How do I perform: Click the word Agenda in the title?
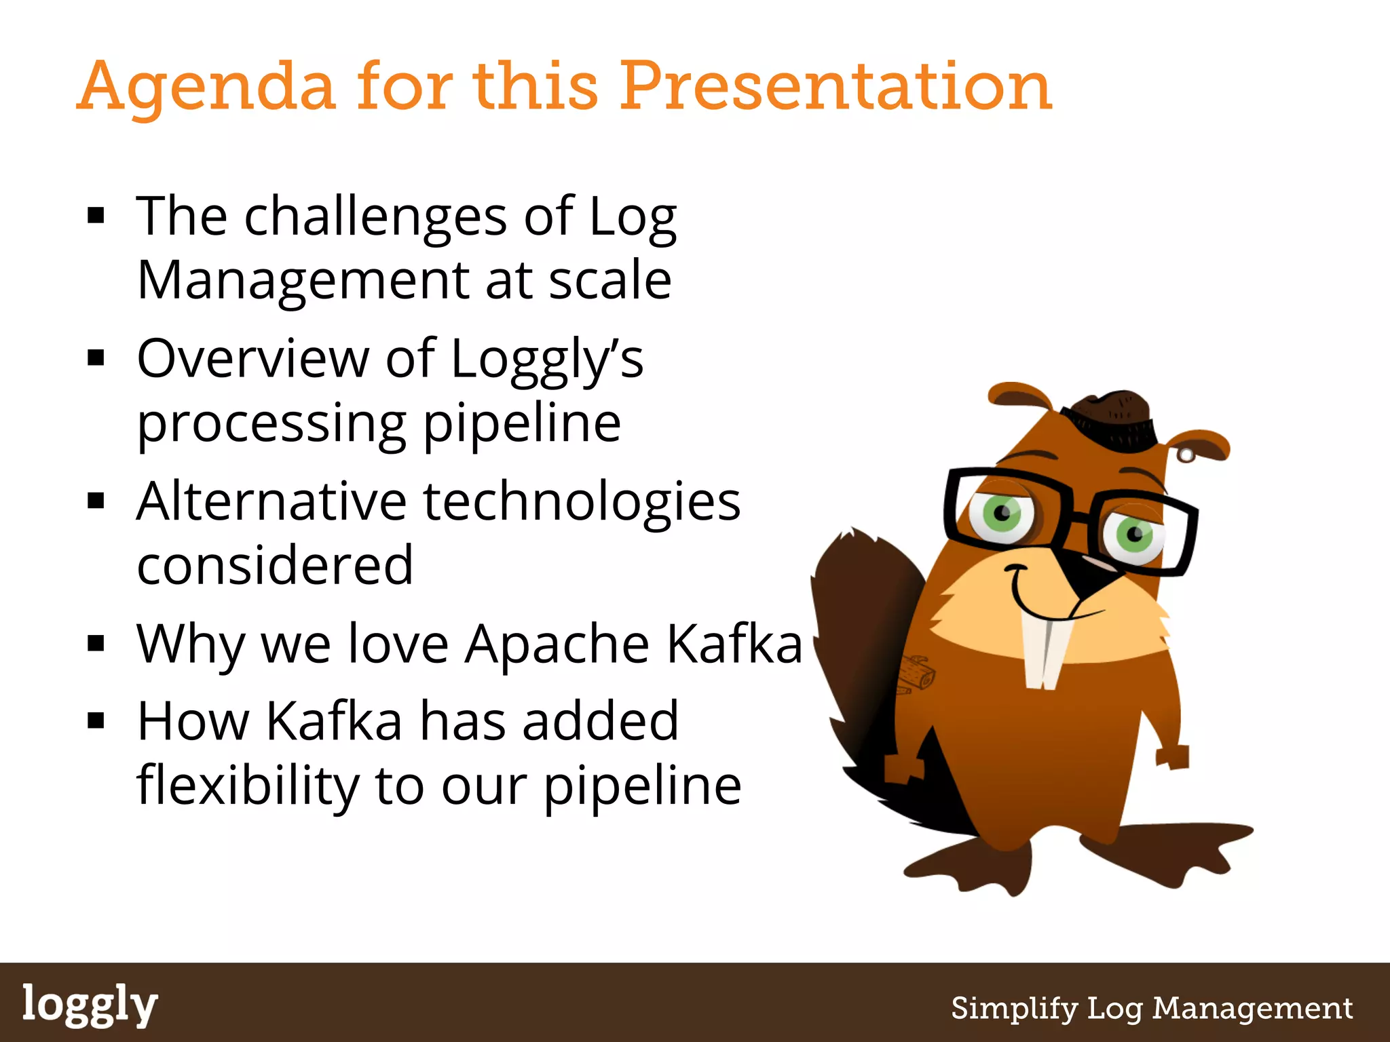click(206, 88)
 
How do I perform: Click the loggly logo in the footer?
click(90, 1005)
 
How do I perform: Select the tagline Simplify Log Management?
click(1152, 1008)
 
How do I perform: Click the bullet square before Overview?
click(96, 358)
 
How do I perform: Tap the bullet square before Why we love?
click(96, 643)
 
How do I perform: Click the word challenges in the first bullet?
click(375, 216)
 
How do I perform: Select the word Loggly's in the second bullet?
click(546, 359)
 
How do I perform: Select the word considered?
click(275, 565)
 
